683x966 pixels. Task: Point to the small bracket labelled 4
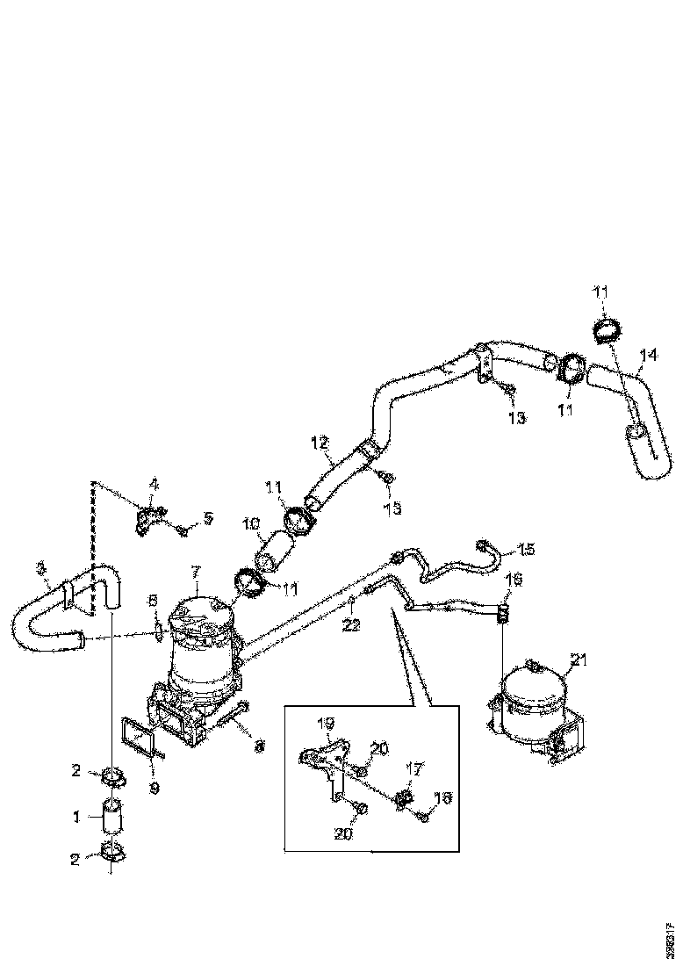[x=145, y=519]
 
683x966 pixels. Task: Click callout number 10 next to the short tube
[x=253, y=524]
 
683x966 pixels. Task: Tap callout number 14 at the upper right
[x=648, y=356]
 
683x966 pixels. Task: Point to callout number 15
[x=526, y=550]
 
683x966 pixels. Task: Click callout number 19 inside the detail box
[x=326, y=724]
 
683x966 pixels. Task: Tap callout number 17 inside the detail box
[x=414, y=768]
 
